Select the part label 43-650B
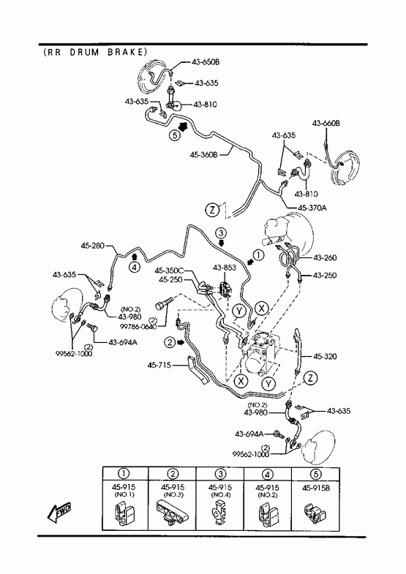206,62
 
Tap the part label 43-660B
326,124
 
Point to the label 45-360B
203,155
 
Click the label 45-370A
312,208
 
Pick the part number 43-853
225,268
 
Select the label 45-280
93,245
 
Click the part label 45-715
159,365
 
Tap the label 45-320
325,356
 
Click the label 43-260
325,257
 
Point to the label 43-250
325,275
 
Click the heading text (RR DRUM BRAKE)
95,52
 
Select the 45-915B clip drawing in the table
315,513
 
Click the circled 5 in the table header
315,474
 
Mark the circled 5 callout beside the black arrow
175,135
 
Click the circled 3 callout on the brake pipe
221,233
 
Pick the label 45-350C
169,271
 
